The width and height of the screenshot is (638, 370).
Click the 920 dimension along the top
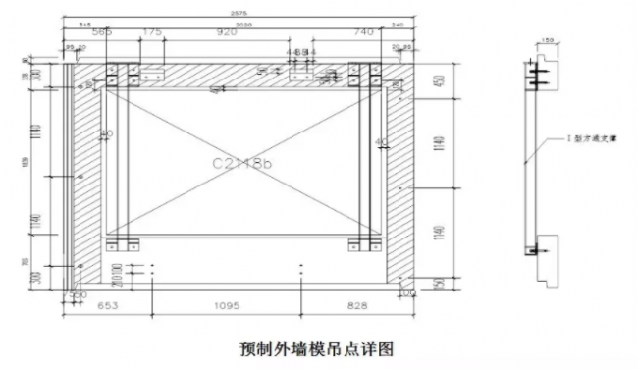pyautogui.click(x=228, y=33)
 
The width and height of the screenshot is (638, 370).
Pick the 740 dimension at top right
pyautogui.click(x=362, y=33)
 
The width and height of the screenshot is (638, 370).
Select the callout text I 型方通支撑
pyautogui.click(x=582, y=141)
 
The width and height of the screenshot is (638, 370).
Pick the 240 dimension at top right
pyautogui.click(x=398, y=24)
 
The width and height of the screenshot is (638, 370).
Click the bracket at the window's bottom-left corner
pyautogui.click(x=124, y=242)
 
